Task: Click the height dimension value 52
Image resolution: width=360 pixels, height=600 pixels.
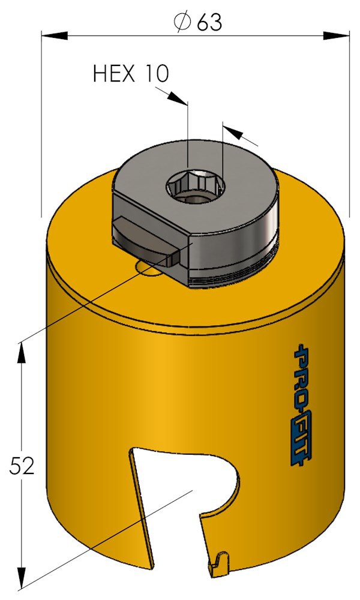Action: (x=21, y=465)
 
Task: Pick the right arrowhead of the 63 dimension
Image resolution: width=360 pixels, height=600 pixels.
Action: (x=336, y=35)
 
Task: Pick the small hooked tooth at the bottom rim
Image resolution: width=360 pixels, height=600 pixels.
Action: (x=221, y=562)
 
